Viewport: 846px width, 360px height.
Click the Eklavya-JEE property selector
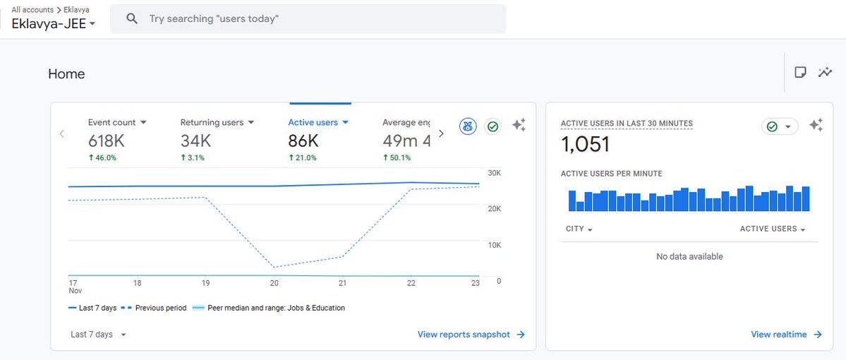[x=54, y=23]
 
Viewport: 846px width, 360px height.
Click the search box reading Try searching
[x=308, y=19]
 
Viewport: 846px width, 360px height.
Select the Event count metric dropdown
[x=117, y=122]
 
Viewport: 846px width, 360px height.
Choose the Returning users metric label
[x=212, y=122]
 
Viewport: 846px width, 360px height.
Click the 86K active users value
[x=303, y=140]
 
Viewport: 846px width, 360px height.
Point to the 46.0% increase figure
[x=102, y=157]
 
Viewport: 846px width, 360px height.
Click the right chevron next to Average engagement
[x=441, y=133]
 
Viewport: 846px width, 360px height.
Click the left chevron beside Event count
[x=62, y=133]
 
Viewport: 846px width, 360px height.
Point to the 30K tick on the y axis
[x=494, y=173]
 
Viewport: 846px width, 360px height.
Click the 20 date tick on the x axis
[x=274, y=283]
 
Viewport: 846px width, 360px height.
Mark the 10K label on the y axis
[x=494, y=245]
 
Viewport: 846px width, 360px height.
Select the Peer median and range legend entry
[x=275, y=308]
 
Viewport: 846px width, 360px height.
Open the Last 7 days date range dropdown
[x=98, y=335]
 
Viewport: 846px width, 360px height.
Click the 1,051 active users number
[x=585, y=145]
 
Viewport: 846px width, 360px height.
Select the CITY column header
[x=579, y=229]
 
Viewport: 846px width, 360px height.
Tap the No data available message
[x=689, y=256]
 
